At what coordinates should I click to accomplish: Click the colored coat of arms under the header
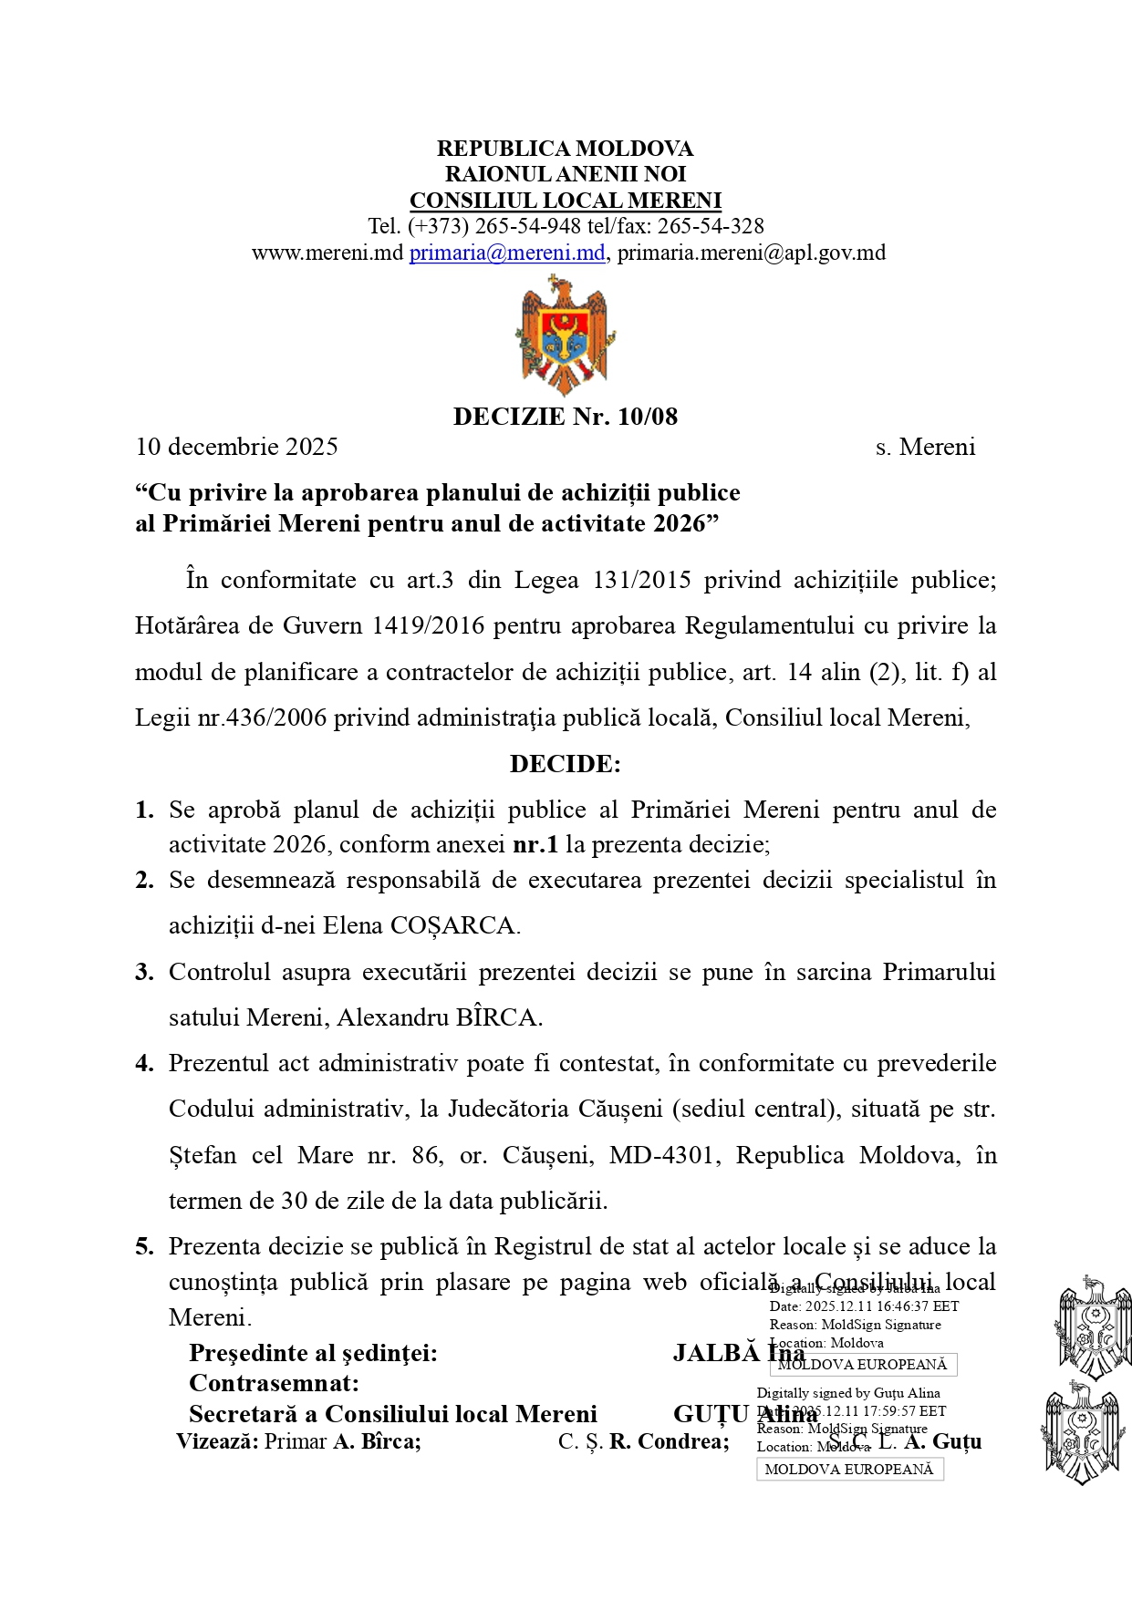[565, 335]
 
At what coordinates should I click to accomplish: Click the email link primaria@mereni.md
[507, 253]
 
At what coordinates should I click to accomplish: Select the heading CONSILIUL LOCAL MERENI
[565, 201]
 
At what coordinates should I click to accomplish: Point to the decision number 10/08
[648, 417]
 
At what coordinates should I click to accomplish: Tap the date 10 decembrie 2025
[236, 447]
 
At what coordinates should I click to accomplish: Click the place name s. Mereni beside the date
[925, 447]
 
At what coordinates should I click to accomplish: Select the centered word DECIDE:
[565, 764]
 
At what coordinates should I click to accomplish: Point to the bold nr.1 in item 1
[535, 844]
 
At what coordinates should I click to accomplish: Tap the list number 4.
[144, 1063]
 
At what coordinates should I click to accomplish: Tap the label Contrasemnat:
[274, 1383]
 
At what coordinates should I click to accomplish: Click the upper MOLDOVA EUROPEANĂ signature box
[863, 1365]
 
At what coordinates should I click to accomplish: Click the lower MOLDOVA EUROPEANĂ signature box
[849, 1469]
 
